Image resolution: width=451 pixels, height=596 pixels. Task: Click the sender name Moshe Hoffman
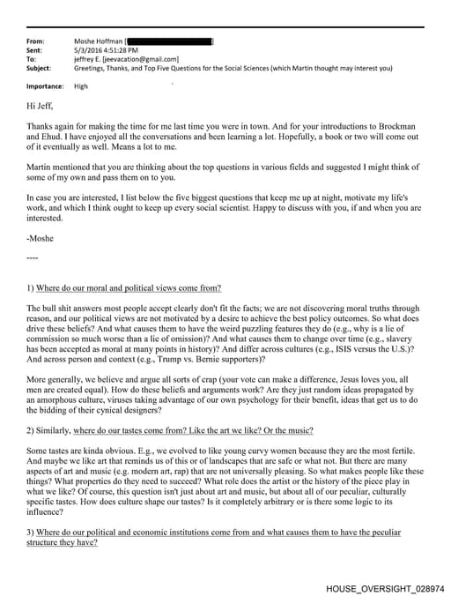point(99,41)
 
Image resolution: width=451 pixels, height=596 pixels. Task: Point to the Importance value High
point(81,86)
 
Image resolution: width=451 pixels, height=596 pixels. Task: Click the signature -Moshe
point(41,239)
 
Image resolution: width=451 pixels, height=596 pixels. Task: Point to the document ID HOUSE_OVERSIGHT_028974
point(385,587)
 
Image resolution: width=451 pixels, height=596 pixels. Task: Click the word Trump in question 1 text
point(162,359)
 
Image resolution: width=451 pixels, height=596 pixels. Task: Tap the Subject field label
point(39,68)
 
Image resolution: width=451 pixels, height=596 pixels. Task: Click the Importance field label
point(45,86)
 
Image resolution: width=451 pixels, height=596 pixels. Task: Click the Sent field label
point(34,50)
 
